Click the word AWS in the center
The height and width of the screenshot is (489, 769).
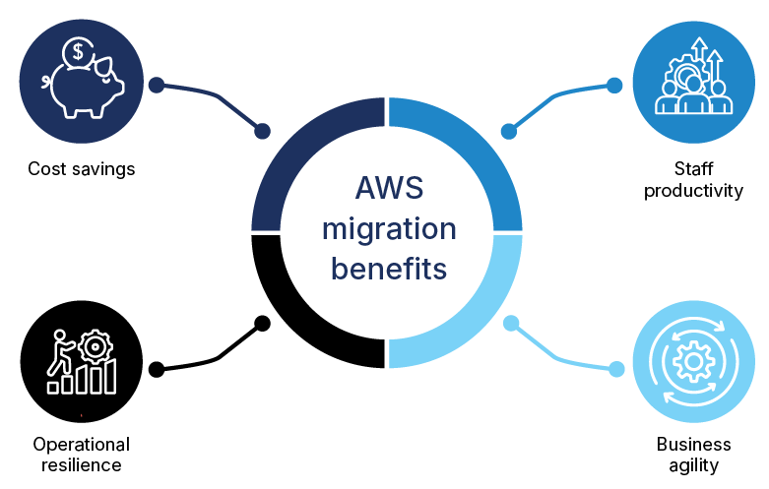click(389, 190)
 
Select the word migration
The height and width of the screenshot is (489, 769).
click(389, 230)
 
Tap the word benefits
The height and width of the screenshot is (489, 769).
click(389, 268)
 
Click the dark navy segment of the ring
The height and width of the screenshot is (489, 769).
click(295, 148)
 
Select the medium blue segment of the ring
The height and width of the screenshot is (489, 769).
click(482, 148)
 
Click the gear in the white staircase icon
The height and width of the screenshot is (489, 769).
click(96, 346)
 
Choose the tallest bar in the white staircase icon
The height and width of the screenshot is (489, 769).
click(110, 376)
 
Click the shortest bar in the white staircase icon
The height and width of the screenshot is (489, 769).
click(53, 387)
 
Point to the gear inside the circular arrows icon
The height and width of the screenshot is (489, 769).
click(693, 361)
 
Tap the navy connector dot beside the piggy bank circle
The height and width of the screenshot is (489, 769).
click(156, 85)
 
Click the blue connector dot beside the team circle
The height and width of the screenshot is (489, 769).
click(614, 85)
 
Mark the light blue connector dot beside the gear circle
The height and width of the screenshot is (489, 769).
click(616, 369)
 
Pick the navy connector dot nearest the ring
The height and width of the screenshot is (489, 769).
click(262, 131)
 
